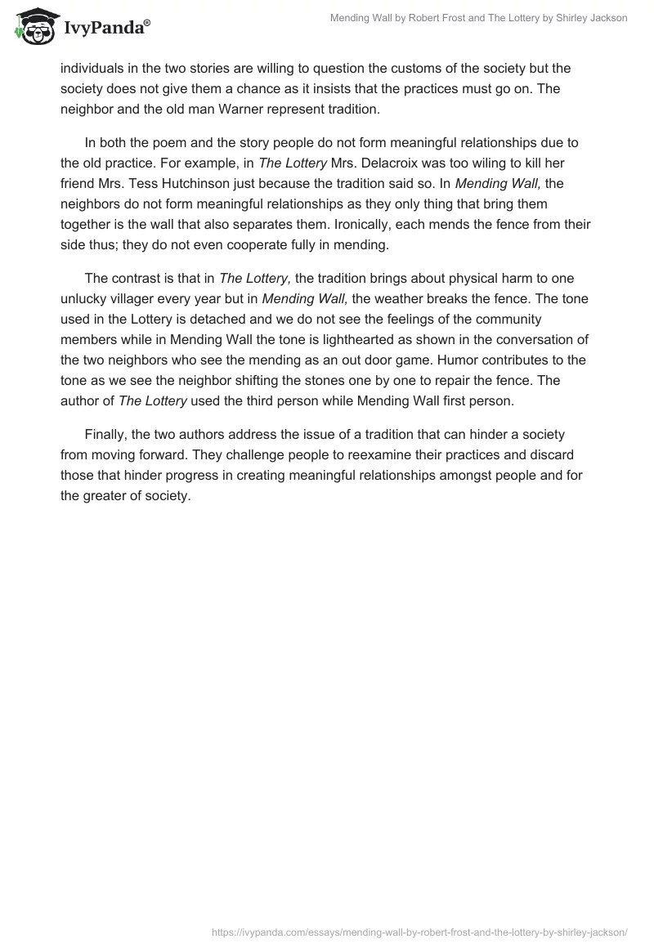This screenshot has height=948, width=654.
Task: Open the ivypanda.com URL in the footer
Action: pos(419,931)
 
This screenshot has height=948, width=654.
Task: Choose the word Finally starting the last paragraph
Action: pos(108,434)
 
